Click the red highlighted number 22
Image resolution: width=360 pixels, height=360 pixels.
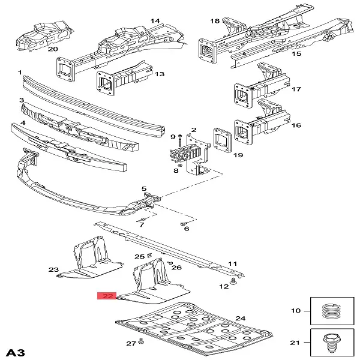[108, 296]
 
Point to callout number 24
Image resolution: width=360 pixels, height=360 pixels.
[241, 318]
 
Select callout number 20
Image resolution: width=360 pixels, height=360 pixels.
[53, 49]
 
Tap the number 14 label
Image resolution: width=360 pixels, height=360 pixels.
[155, 21]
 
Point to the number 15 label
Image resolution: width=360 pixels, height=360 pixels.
[296, 54]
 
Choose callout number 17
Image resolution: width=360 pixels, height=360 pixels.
[296, 89]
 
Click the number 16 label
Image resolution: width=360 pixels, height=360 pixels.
[296, 125]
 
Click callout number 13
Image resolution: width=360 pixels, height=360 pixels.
[159, 74]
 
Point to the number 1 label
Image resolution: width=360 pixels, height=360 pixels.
[20, 72]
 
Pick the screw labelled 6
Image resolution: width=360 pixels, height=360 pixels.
[182, 223]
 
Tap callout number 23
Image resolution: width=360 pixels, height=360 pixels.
[53, 269]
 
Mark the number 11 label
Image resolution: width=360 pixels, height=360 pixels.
[232, 263]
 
